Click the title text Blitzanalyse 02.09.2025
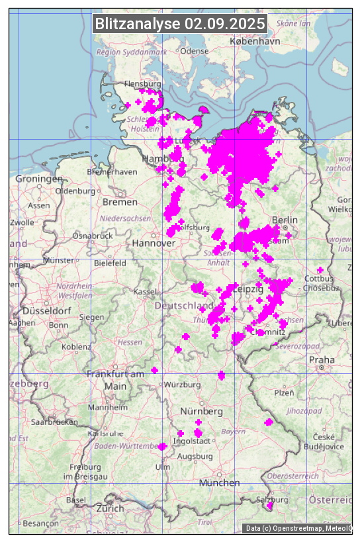(x=180, y=24)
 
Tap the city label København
(x=255, y=41)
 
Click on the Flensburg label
(x=142, y=85)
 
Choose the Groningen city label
(x=39, y=179)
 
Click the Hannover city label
(x=154, y=243)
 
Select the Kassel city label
(x=144, y=292)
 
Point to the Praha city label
(x=322, y=359)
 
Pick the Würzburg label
(x=182, y=385)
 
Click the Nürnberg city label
(x=201, y=412)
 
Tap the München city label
(x=219, y=482)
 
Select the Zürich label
(x=110, y=508)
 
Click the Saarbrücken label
(x=56, y=421)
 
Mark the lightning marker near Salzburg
(x=269, y=507)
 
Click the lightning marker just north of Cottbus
(x=320, y=270)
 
